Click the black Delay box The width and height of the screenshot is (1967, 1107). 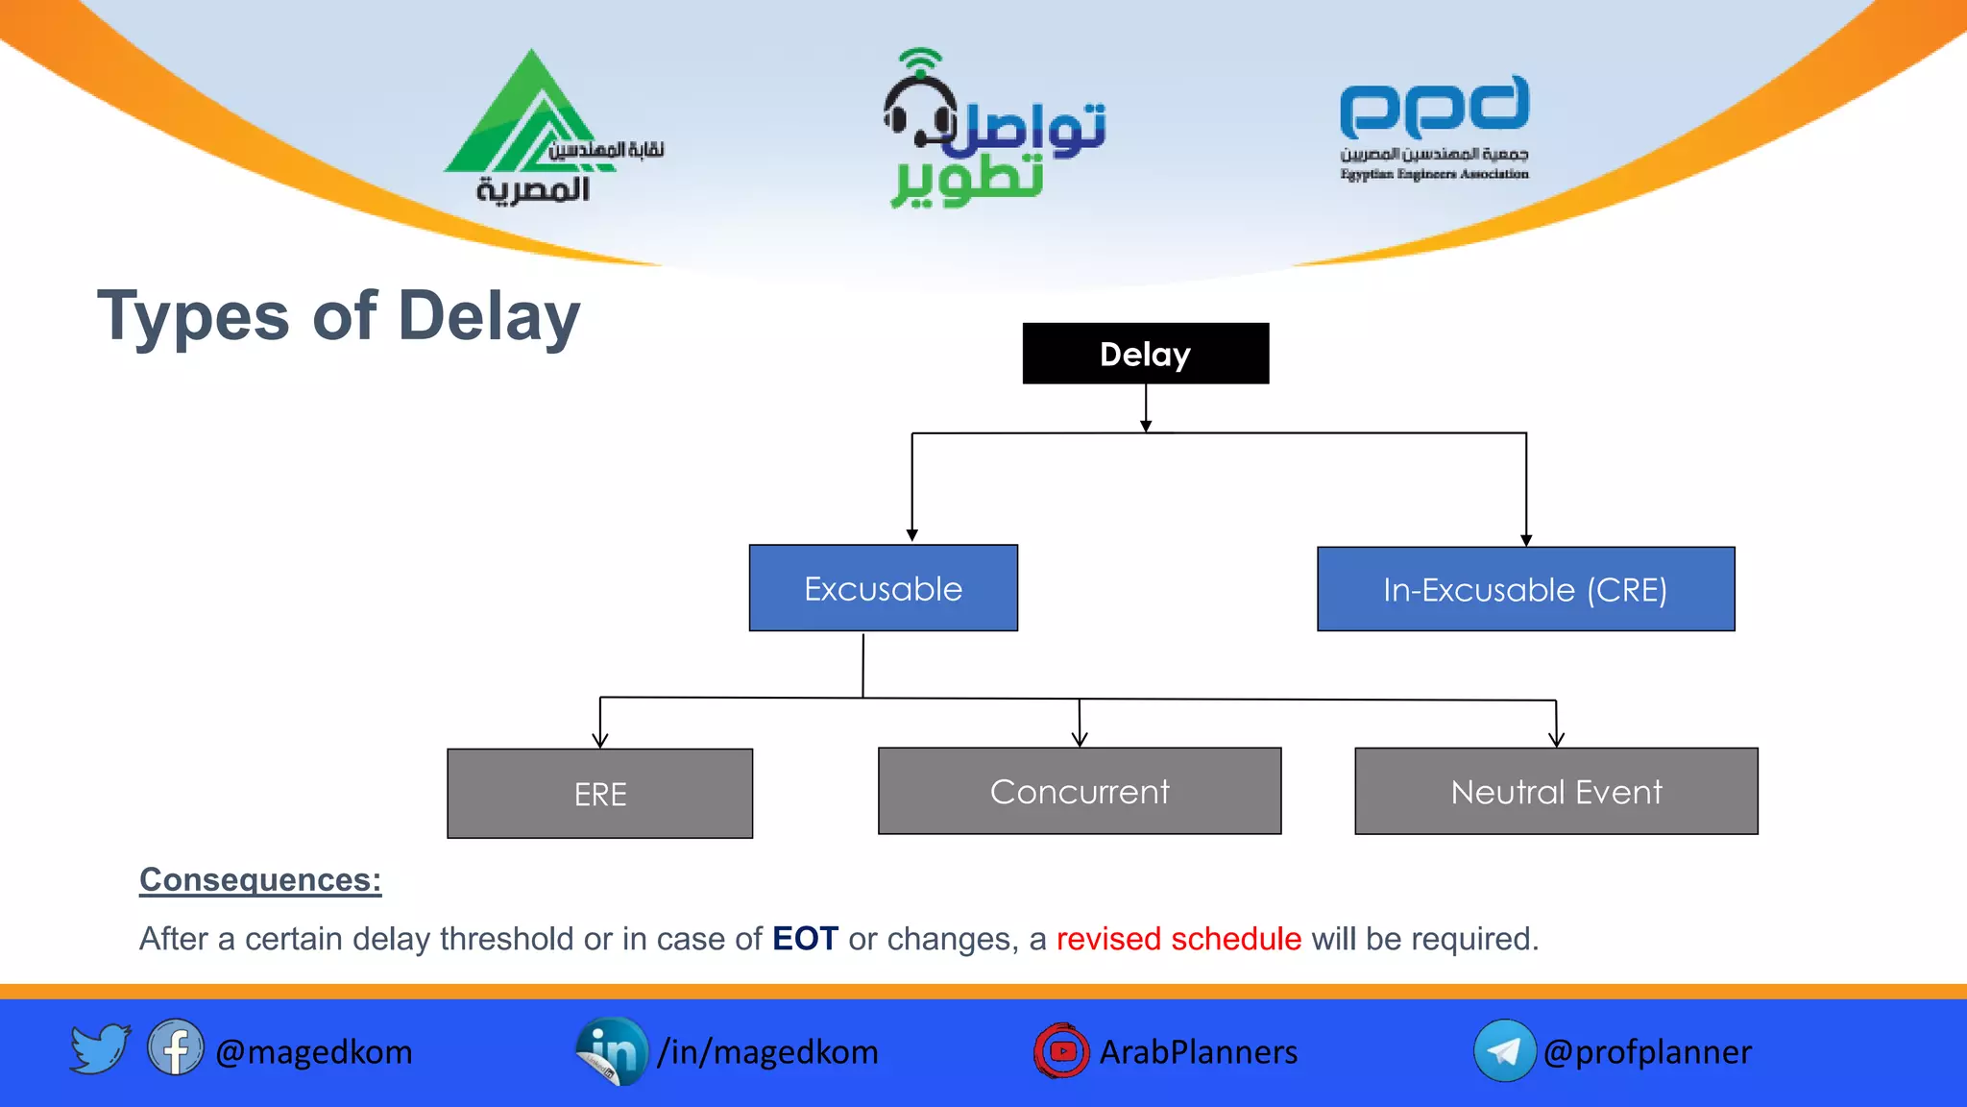click(x=1145, y=354)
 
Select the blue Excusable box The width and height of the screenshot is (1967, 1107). click(x=883, y=588)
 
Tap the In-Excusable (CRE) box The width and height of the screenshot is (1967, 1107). click(x=1525, y=589)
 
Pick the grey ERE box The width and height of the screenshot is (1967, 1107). click(x=600, y=794)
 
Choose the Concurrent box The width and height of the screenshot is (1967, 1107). click(x=1080, y=791)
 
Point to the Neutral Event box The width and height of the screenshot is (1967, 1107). click(x=1556, y=791)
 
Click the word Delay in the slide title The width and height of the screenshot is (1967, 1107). click(x=489, y=316)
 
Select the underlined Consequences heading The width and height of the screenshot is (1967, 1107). click(x=260, y=879)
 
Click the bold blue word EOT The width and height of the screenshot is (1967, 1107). click(x=805, y=938)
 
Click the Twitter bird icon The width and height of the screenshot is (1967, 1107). click(x=99, y=1048)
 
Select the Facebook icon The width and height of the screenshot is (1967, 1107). click(x=176, y=1048)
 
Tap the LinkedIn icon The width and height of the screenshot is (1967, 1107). click(x=612, y=1050)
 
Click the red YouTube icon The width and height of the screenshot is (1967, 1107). click(x=1061, y=1050)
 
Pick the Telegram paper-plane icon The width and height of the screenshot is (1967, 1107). click(x=1504, y=1050)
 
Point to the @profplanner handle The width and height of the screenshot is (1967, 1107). click(x=1647, y=1052)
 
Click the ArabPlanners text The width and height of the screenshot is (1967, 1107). click(x=1198, y=1052)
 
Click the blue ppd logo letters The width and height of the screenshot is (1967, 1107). click(x=1434, y=107)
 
